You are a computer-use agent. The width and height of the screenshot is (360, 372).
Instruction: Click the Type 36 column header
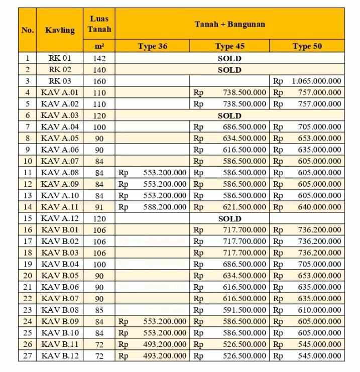tap(152, 46)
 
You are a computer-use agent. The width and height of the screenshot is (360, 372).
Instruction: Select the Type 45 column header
tap(229, 46)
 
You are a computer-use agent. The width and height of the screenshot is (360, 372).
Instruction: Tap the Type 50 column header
tap(307, 46)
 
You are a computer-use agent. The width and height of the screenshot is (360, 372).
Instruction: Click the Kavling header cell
tap(60, 30)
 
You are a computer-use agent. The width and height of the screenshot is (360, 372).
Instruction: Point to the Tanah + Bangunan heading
tap(229, 24)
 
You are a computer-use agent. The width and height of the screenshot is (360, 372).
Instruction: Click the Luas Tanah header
tap(99, 24)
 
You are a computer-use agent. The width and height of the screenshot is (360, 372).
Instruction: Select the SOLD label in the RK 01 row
tap(229, 58)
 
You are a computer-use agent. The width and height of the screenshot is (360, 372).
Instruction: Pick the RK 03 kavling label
tap(60, 81)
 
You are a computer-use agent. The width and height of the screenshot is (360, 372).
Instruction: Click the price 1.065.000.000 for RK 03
tap(316, 81)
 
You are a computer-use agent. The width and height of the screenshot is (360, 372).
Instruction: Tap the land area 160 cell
tap(99, 81)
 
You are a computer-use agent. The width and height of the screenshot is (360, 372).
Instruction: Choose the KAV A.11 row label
tap(60, 207)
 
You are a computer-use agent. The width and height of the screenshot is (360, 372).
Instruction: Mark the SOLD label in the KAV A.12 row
tap(229, 218)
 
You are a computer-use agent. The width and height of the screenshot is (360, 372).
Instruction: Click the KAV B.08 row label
tap(60, 310)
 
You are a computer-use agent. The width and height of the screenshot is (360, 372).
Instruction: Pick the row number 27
tap(27, 356)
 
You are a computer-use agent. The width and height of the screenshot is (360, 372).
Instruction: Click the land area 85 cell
tap(99, 310)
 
